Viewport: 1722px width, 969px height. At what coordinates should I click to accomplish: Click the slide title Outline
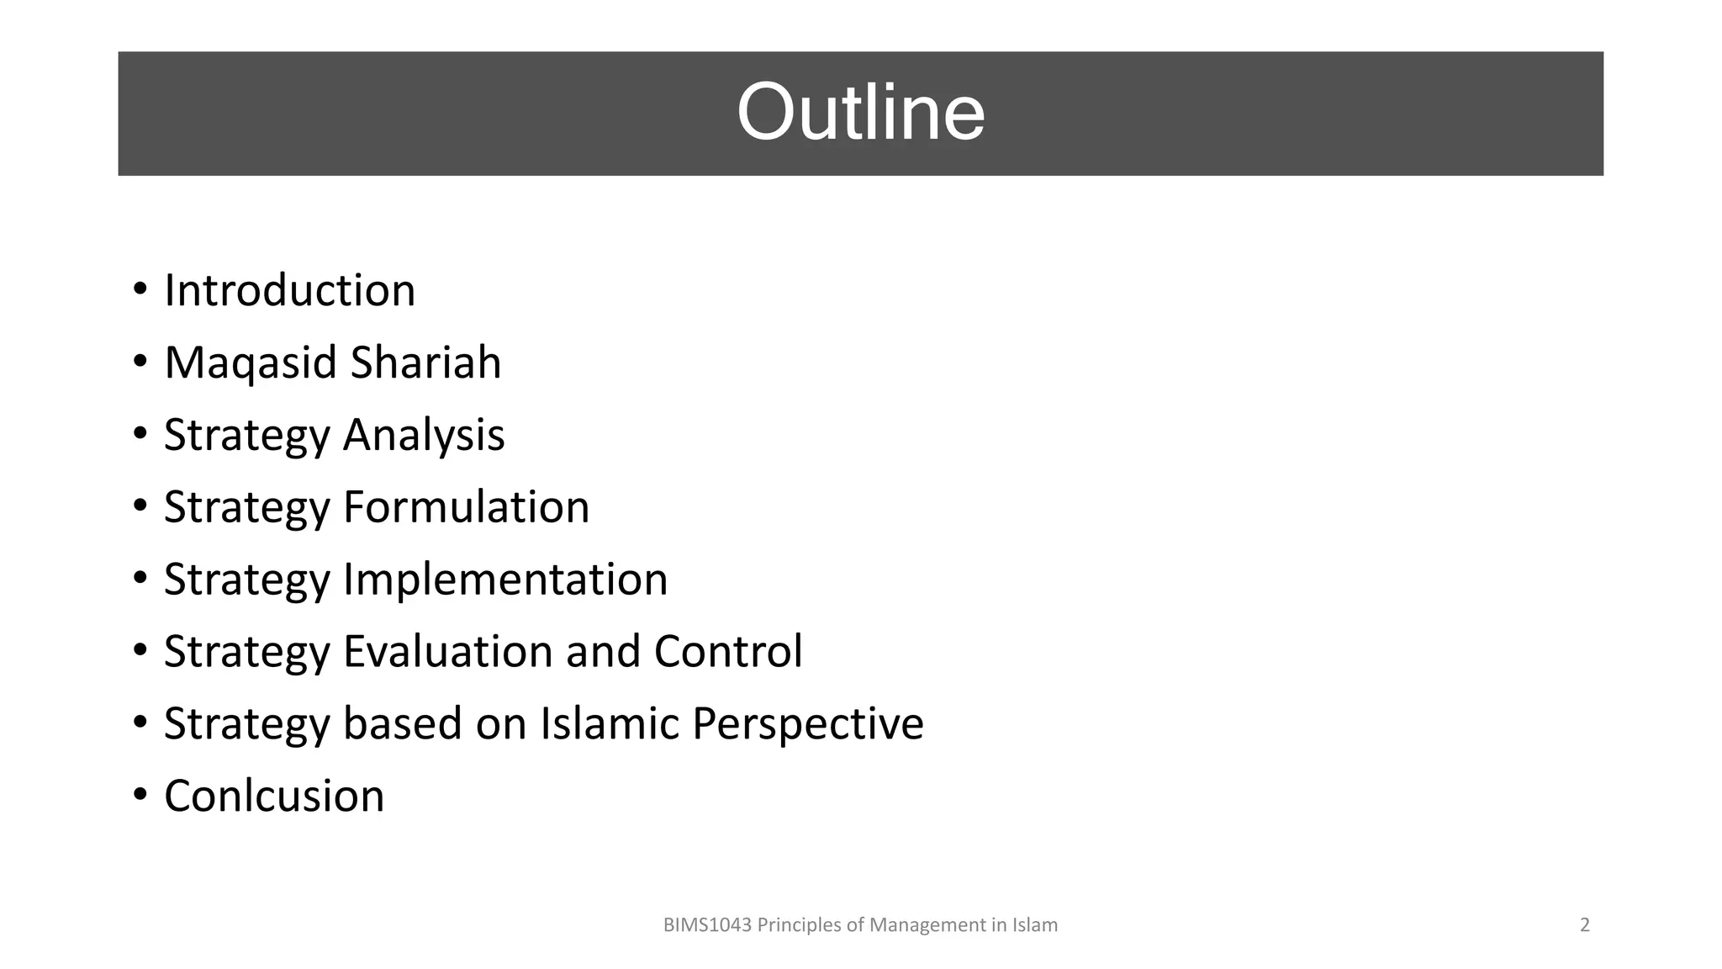click(860, 113)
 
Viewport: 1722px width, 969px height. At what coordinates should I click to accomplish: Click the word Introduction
click(289, 291)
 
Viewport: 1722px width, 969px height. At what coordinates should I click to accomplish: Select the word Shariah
click(425, 363)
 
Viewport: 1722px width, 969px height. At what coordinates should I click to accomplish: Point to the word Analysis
click(423, 435)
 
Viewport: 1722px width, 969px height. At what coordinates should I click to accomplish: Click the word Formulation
click(466, 507)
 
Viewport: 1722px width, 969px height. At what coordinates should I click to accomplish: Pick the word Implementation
click(504, 580)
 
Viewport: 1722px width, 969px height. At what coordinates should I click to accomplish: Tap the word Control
click(728, 652)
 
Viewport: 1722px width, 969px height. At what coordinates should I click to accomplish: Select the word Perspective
click(807, 724)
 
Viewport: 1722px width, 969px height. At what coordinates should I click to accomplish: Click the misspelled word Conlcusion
click(274, 796)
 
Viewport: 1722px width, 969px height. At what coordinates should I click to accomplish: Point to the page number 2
click(1585, 925)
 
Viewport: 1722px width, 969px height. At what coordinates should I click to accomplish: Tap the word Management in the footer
click(927, 925)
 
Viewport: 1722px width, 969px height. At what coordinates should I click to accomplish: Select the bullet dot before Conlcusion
click(140, 796)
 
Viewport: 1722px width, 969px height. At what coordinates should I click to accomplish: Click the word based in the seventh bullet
click(402, 723)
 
